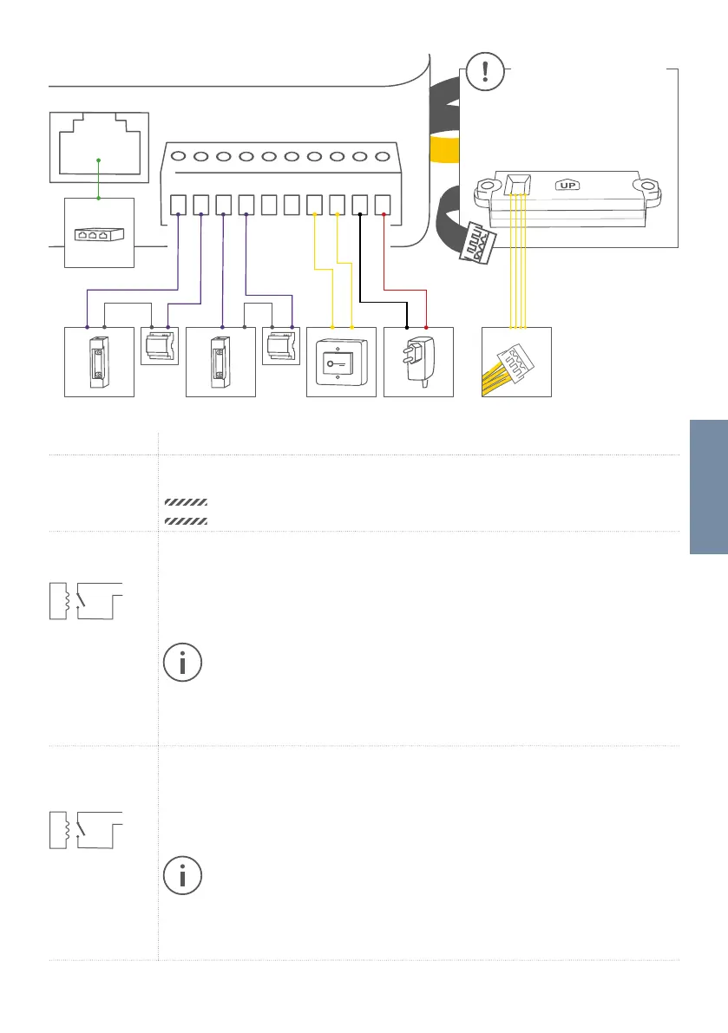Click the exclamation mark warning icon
tap(483, 72)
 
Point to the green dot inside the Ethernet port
tap(99, 160)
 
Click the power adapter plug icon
tap(418, 363)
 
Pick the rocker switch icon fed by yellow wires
tap(341, 363)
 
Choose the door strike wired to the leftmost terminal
tap(99, 363)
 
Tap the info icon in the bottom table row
tap(182, 876)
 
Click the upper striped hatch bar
tap(185, 502)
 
